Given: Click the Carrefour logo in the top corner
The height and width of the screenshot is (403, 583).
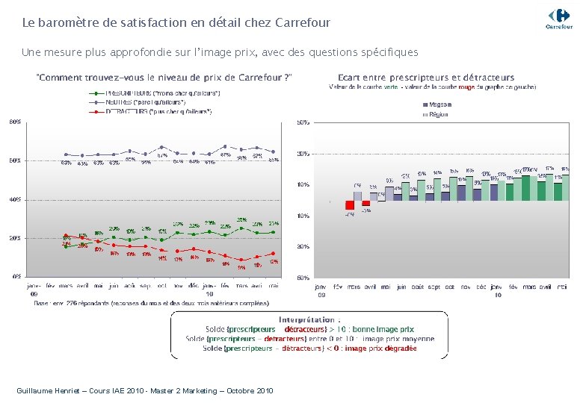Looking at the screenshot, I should click(559, 18).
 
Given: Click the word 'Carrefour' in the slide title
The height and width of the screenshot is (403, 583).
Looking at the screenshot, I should click(303, 23).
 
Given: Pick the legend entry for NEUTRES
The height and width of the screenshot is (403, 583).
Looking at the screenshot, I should click(153, 102).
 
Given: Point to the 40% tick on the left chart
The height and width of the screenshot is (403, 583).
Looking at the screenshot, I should click(15, 199).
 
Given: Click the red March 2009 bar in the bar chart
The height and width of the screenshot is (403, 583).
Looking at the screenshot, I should click(349, 204).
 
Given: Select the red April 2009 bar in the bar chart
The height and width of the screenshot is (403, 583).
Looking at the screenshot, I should click(365, 203).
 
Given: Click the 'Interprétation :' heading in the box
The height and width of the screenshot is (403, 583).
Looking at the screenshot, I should click(309, 319).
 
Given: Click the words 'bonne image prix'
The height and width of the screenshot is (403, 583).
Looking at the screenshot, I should click(385, 329).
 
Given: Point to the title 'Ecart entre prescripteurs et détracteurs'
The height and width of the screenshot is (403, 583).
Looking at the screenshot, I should click(425, 77).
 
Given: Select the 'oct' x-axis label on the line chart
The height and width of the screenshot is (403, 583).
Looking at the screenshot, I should click(161, 285).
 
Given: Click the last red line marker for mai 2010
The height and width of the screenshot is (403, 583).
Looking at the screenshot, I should click(274, 254).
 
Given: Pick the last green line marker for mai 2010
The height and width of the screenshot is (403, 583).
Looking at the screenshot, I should click(274, 231).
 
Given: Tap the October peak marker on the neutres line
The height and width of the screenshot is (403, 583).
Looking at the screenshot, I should click(161, 147).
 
